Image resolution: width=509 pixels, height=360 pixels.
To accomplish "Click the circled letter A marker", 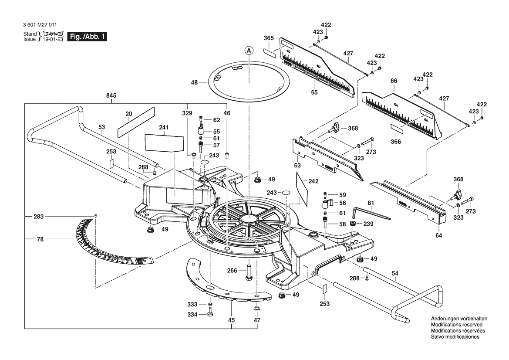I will pyautogui.click(x=249, y=51).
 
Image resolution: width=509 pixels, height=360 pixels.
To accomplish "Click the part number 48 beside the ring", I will pyautogui.click(x=194, y=82).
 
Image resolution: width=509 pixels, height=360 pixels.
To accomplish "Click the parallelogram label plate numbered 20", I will pyautogui.click(x=136, y=121).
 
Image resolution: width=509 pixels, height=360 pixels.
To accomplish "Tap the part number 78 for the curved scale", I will pyautogui.click(x=40, y=238).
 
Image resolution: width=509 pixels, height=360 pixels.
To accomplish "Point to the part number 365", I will pyautogui.click(x=269, y=38).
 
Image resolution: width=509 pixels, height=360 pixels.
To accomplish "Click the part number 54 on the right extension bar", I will pyautogui.click(x=395, y=273).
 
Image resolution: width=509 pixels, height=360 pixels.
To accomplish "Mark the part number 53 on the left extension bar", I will pyautogui.click(x=101, y=127).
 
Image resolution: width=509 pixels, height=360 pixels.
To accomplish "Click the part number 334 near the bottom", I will pyautogui.click(x=192, y=314).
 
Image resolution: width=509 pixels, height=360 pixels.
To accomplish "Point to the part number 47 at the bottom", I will pyautogui.click(x=257, y=320).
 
